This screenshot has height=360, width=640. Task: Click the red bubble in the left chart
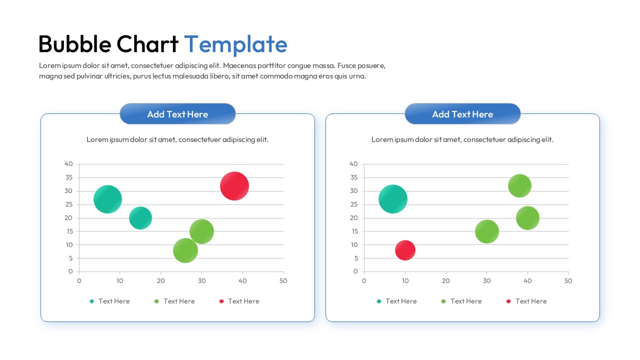point(234,186)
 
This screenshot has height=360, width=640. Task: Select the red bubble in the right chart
point(405,250)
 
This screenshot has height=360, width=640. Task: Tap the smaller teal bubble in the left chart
point(140,218)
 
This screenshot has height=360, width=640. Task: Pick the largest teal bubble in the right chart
point(393,199)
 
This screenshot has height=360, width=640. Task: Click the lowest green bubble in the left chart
point(185,250)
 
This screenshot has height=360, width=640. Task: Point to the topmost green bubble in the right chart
point(519,186)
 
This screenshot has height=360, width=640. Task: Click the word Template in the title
point(235,44)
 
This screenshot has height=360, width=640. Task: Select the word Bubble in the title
point(74,44)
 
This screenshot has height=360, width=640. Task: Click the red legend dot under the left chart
point(221,301)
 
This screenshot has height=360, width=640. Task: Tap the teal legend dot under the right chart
point(379,301)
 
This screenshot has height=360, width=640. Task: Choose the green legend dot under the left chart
point(156,301)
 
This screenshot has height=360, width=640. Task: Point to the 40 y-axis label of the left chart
point(69,164)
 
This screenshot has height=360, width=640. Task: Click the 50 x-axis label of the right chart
point(568,281)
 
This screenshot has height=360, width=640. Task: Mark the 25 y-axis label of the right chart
point(354,204)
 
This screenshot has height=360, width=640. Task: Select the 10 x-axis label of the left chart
point(119,281)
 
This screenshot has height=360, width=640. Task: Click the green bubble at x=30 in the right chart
point(487,231)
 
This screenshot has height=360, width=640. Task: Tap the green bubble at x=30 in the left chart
point(201,231)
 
